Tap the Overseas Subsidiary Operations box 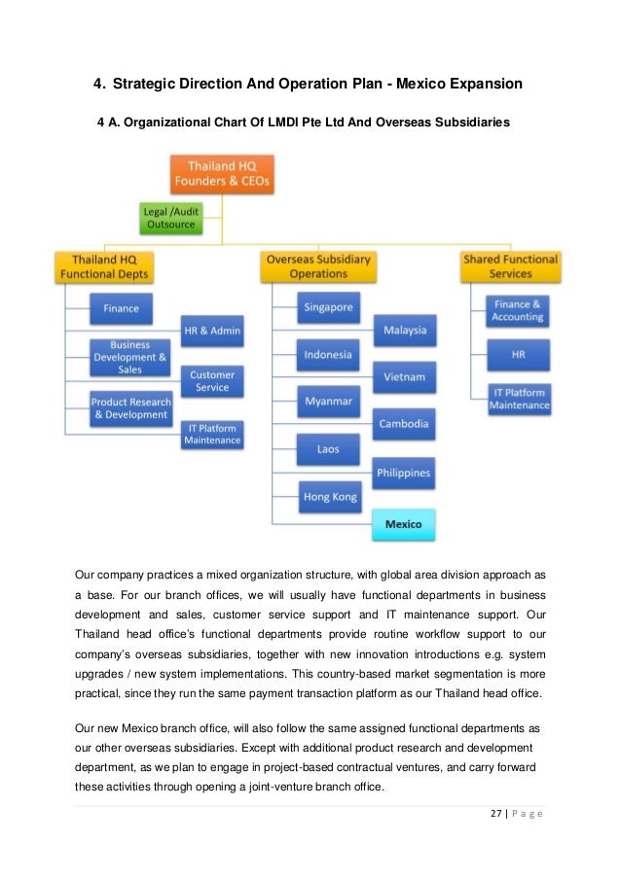[318, 266]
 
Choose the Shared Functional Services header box [510, 266]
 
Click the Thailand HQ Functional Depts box [102, 266]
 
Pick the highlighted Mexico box [404, 524]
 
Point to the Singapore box [328, 307]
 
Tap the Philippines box [404, 473]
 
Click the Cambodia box [404, 425]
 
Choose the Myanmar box [328, 402]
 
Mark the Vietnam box [404, 377]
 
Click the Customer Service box [212, 381]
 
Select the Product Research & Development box [129, 408]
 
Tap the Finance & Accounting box [518, 310]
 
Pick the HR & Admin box [212, 331]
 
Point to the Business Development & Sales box [129, 357]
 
